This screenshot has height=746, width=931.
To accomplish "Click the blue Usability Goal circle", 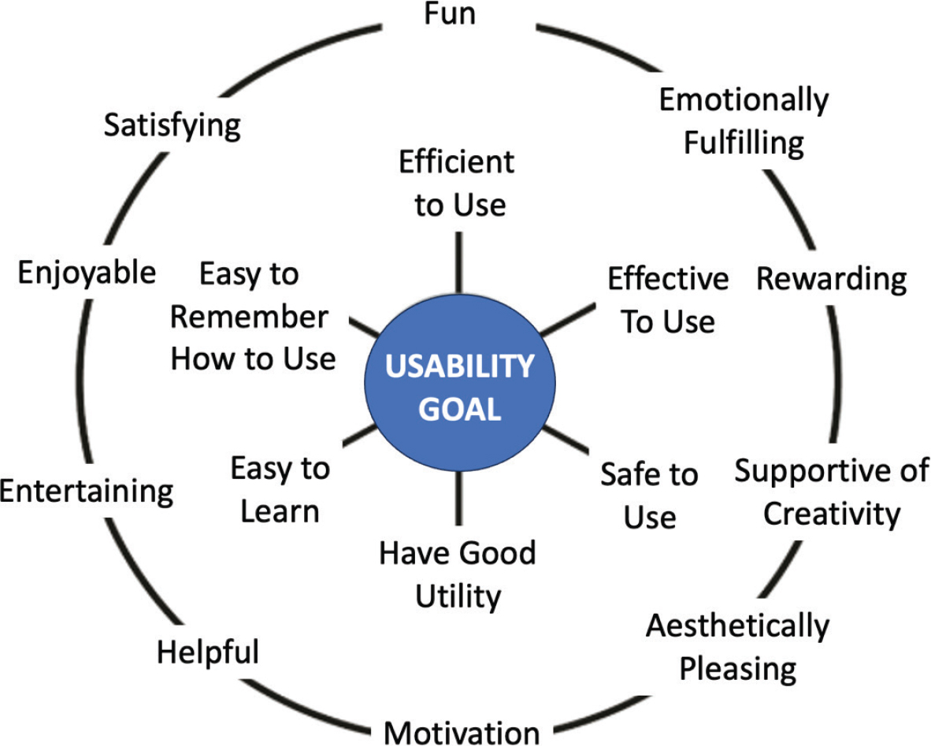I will click(460, 388).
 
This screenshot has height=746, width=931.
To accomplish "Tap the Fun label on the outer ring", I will click(450, 15).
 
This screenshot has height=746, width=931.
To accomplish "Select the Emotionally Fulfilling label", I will click(744, 121).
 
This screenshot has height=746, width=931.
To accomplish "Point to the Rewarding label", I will click(831, 279).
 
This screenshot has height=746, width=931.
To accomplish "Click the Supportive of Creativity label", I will click(832, 493).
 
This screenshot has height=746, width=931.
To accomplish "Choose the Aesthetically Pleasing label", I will click(737, 648).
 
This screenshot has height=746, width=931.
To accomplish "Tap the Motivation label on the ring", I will click(462, 732).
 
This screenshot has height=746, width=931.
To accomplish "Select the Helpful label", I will click(208, 652).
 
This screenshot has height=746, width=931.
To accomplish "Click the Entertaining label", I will click(87, 492).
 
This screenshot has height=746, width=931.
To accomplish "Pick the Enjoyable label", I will click(87, 273).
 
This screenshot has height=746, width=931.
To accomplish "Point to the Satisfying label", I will click(172, 125).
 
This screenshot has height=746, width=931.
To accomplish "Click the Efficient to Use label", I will click(457, 184).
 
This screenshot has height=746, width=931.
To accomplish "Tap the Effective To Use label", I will click(668, 300).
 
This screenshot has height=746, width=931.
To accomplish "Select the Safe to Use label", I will click(649, 495).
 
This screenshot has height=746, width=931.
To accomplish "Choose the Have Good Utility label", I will click(458, 574).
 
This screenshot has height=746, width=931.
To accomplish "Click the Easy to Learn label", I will click(280, 490).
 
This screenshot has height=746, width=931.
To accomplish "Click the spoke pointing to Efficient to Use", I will click(458, 262).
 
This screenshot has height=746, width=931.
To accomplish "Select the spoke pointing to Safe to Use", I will click(566, 440).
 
